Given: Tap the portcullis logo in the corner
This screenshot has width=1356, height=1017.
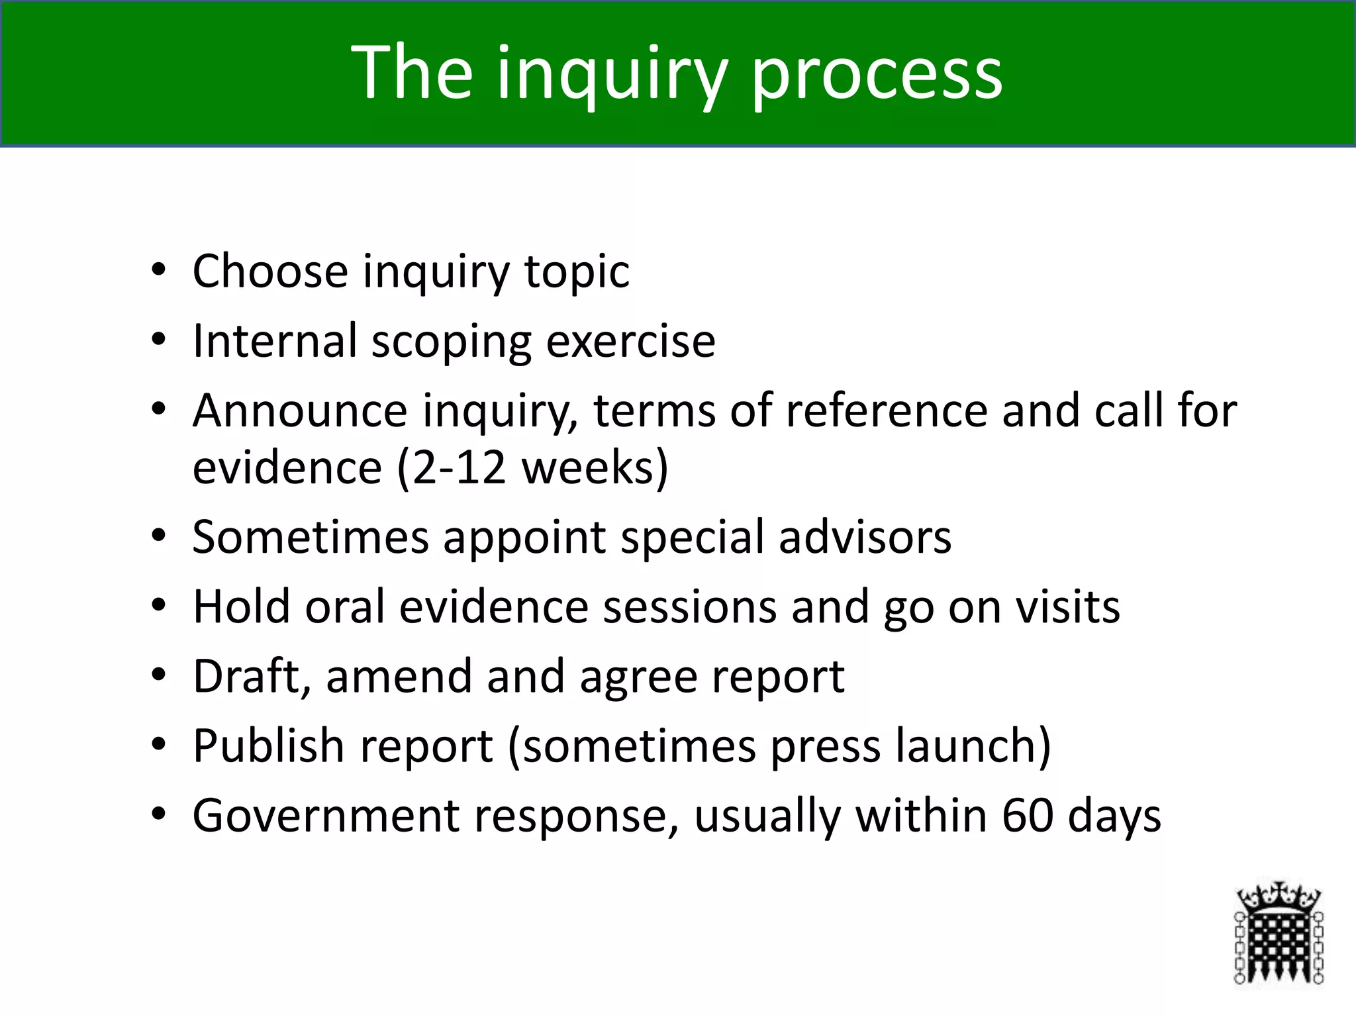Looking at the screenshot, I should pos(1279,936).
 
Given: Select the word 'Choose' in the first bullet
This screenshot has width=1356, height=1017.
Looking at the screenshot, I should pos(270,271).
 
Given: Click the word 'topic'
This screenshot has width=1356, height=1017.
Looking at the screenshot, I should pos(577,273).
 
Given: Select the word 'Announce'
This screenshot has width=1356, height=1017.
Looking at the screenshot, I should pos(299,411).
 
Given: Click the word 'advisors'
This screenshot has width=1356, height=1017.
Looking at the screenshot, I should pos(865,537).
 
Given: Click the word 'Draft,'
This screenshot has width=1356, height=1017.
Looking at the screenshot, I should pos(252,677).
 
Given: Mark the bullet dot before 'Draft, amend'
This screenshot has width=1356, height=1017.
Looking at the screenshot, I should pos(158,675).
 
